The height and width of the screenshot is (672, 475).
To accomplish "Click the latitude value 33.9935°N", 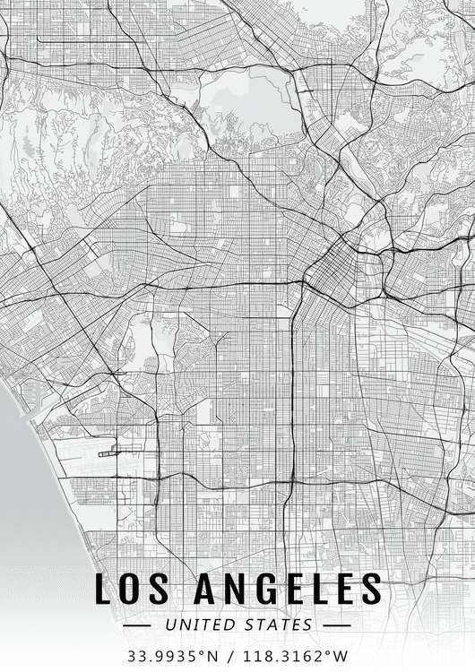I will tap(172, 655).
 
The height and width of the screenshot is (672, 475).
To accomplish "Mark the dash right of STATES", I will tap(336, 625).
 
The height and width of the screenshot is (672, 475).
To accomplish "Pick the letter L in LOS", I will tap(104, 590).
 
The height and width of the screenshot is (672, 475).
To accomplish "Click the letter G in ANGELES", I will tap(261, 590).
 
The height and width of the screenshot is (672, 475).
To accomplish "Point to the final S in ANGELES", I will tap(370, 590).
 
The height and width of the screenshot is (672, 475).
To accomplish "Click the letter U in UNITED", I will tap(168, 624).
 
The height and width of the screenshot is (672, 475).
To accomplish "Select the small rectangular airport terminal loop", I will tap(107, 453).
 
